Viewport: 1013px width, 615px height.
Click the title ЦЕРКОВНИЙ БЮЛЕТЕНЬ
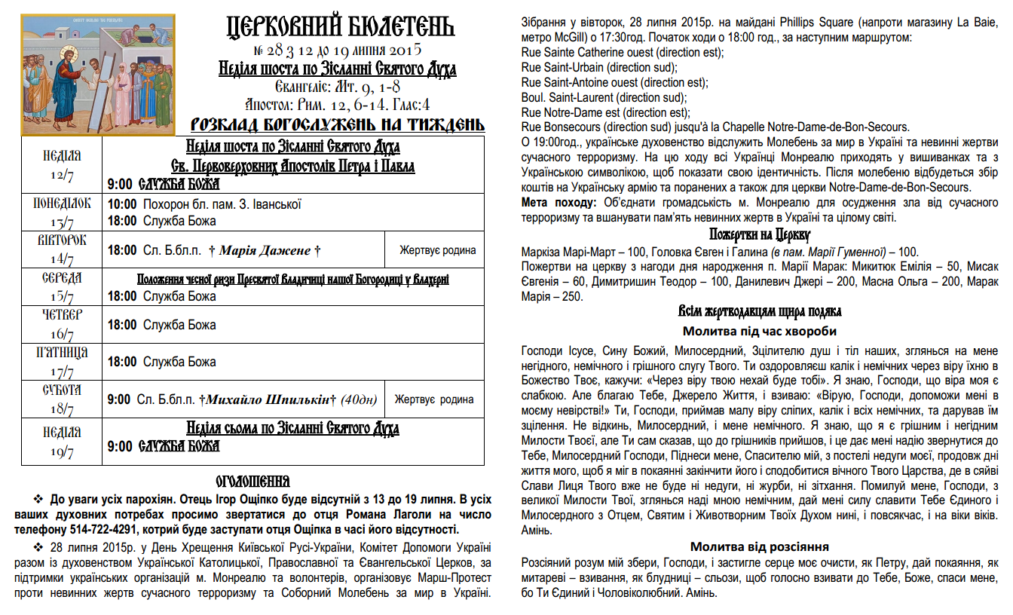(341, 28)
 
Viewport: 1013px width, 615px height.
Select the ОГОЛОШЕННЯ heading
(253, 481)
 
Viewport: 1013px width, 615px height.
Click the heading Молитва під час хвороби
(760, 331)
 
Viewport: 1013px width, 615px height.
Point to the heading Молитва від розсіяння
(760, 546)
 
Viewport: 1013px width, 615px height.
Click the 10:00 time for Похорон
(122, 204)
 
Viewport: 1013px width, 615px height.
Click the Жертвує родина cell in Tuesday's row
(438, 250)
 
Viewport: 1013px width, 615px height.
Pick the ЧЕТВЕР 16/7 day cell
(62, 324)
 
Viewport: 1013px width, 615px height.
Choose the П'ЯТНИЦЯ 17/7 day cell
(62, 362)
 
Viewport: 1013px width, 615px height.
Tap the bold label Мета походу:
(558, 203)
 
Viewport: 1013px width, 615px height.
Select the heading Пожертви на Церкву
(760, 234)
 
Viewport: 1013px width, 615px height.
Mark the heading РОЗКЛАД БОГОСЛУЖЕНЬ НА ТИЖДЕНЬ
(338, 124)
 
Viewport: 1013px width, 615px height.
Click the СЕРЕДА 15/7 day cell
(62, 287)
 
